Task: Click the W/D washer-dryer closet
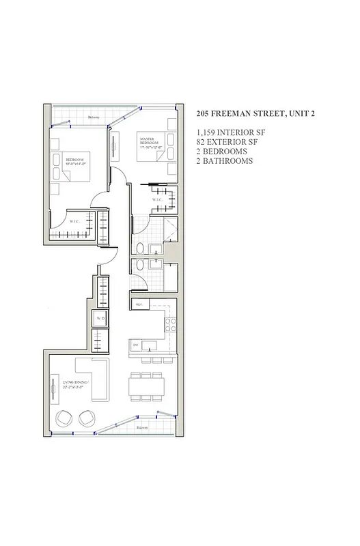coord(100,318)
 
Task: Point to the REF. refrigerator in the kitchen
coord(139,304)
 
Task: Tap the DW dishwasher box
coord(136,345)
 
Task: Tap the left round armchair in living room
coord(65,418)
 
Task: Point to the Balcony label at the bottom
coord(141,428)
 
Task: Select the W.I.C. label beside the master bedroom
coord(157,199)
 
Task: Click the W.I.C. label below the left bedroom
coord(74,220)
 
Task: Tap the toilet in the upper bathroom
coord(140,248)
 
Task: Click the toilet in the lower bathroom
coord(140,268)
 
